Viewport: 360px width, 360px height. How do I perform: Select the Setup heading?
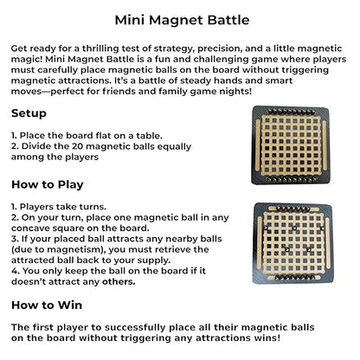click(29, 113)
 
